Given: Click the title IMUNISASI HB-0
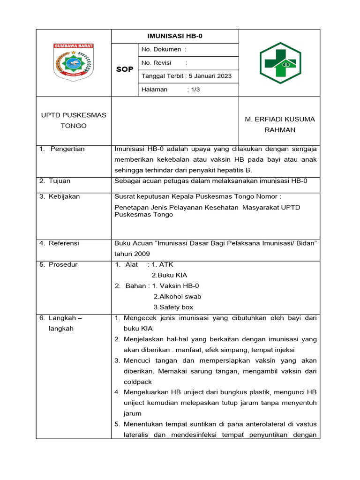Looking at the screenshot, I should pyautogui.click(x=175, y=36).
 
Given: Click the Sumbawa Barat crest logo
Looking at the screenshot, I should pyautogui.click(x=74, y=63).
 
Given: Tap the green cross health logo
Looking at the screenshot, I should pyautogui.click(x=280, y=63).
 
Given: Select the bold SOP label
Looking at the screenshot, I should pyautogui.click(x=124, y=69).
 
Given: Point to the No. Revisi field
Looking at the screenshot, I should pyautogui.click(x=164, y=63).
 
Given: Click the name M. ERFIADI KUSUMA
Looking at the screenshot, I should pyautogui.click(x=280, y=119).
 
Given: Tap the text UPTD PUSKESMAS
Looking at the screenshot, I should pyautogui.click(x=74, y=115).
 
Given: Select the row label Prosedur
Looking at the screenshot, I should pyautogui.click(x=63, y=264).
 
